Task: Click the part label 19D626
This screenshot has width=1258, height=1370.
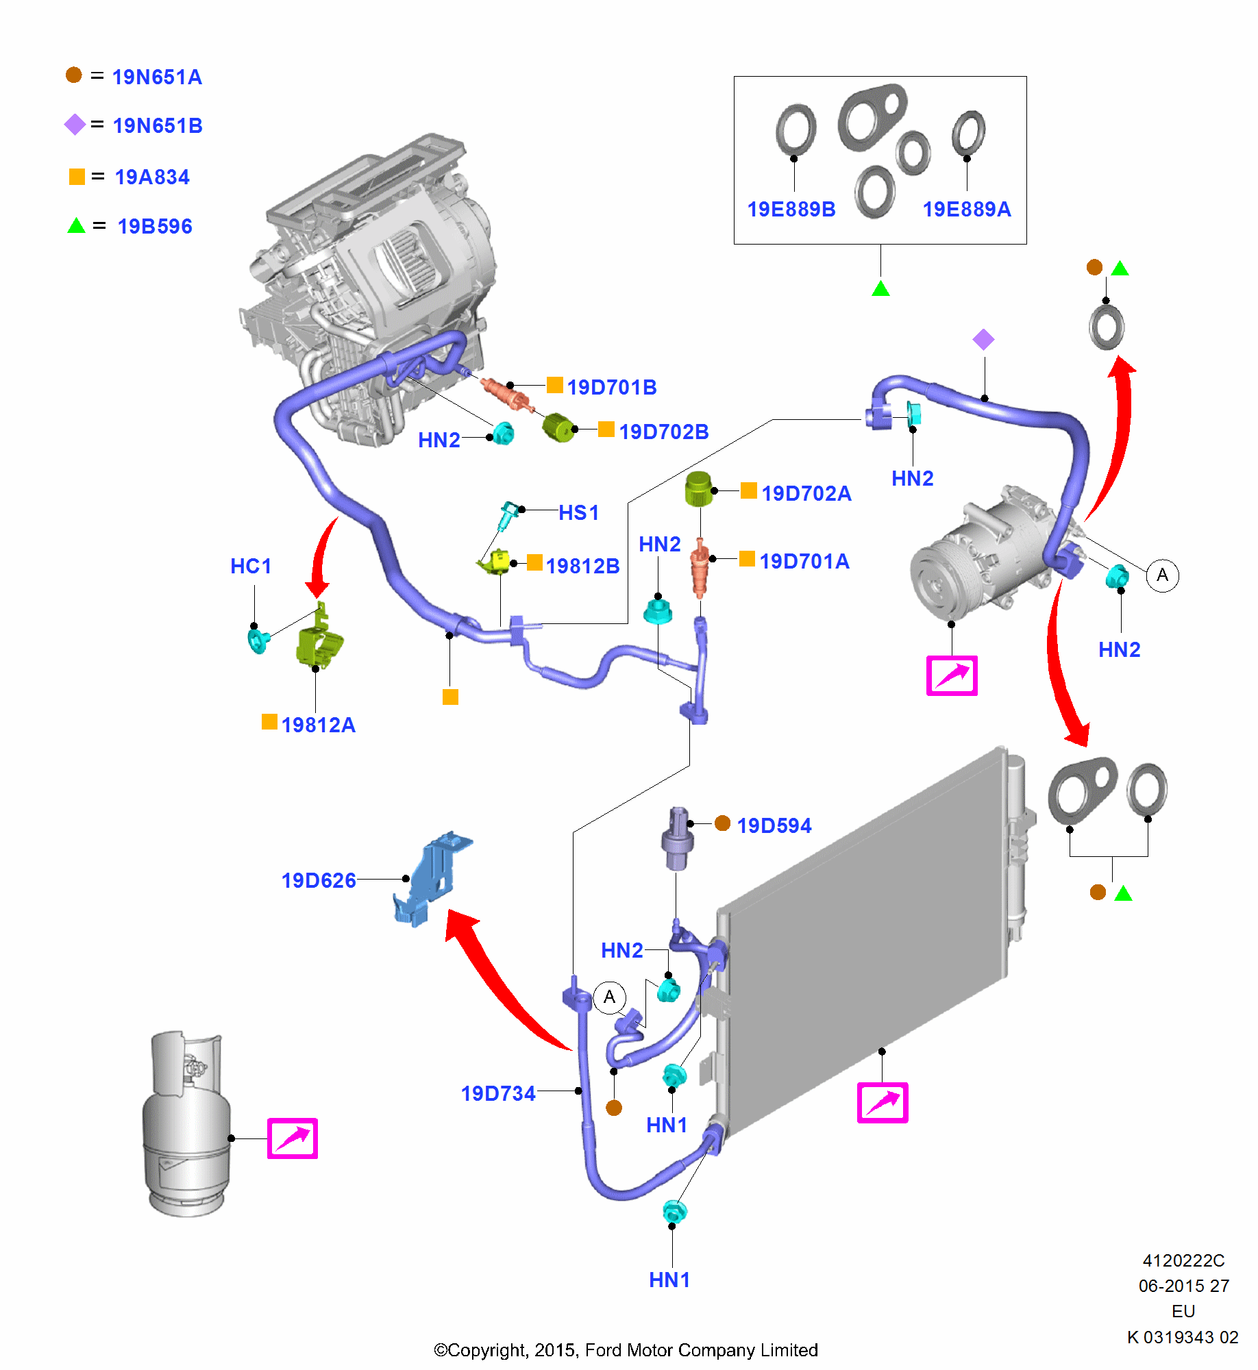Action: (319, 880)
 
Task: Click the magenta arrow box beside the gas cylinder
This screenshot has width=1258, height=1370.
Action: (293, 1138)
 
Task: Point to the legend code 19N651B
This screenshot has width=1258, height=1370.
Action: (158, 126)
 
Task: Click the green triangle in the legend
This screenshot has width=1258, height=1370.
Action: (76, 226)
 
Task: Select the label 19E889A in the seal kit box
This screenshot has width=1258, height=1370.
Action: (966, 210)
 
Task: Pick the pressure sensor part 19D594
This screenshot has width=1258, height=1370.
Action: (677, 839)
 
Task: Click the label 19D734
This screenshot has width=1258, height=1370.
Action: (498, 1093)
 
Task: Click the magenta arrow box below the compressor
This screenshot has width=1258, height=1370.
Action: (952, 676)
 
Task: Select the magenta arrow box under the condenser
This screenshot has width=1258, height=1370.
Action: (883, 1103)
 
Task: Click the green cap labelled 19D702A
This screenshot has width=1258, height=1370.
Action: (698, 488)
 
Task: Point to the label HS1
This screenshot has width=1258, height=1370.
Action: (579, 513)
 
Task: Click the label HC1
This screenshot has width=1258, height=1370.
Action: (251, 566)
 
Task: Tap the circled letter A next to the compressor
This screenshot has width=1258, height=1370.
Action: (1163, 575)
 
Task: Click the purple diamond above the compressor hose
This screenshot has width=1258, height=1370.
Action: (983, 340)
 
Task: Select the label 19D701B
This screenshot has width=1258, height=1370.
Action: (612, 388)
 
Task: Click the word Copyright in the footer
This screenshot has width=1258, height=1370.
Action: (487, 1350)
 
